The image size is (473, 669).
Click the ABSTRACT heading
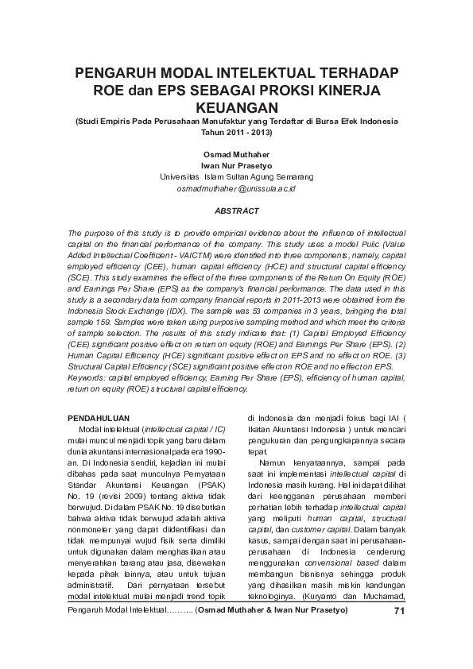point(236,211)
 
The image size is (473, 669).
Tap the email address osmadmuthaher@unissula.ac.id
point(236,189)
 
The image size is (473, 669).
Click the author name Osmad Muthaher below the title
point(236,153)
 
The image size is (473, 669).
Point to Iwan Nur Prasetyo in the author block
point(236,165)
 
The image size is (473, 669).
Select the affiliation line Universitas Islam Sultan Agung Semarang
point(236,176)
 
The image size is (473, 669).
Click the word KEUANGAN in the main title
point(236,106)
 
